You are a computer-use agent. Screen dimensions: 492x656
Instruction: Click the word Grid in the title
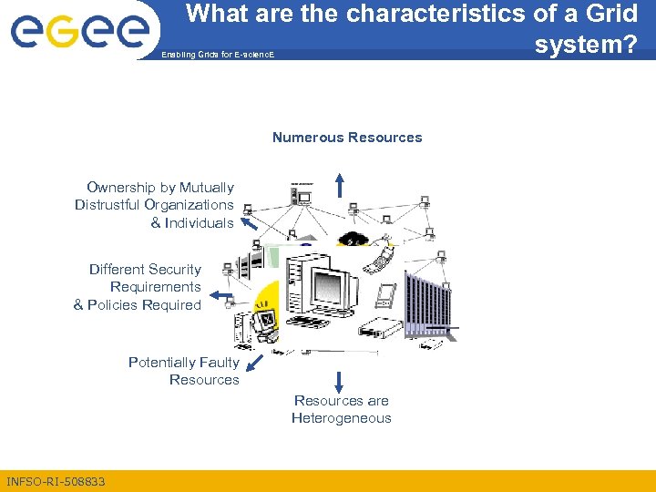click(611, 14)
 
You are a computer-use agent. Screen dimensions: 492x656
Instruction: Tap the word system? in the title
click(585, 44)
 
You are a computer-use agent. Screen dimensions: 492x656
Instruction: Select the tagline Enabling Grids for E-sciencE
click(217, 56)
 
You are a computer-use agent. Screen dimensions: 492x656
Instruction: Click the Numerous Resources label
click(347, 138)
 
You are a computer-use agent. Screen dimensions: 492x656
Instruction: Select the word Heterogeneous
click(341, 418)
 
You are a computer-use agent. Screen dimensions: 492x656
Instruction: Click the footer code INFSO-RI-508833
click(56, 481)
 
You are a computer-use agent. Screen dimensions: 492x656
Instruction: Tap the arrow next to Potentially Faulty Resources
click(254, 364)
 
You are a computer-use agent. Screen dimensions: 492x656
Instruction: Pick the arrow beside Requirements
click(219, 296)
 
